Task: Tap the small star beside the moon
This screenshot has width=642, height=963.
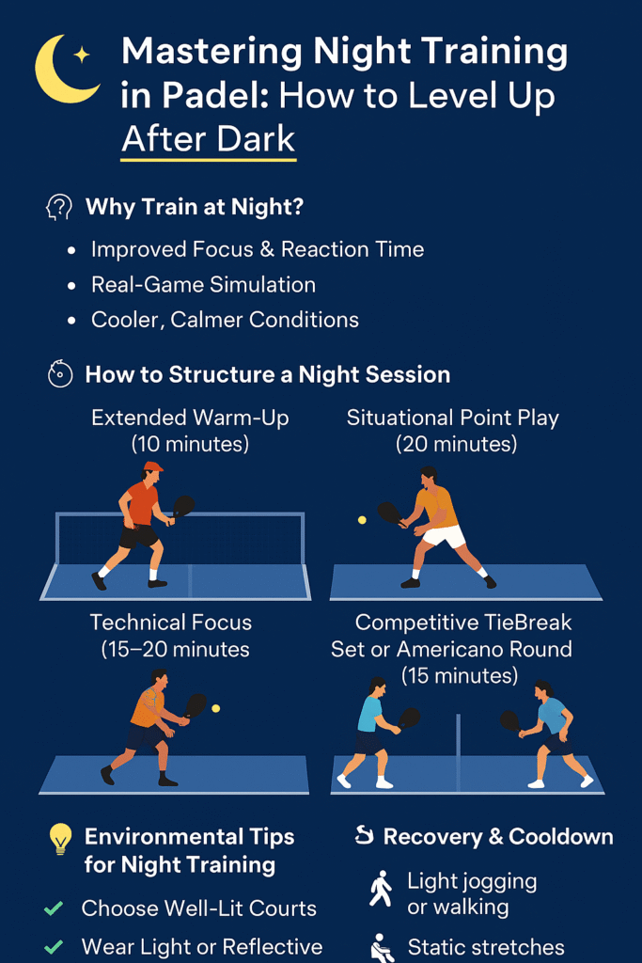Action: coord(81,55)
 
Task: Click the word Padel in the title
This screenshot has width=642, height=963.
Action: coord(196,96)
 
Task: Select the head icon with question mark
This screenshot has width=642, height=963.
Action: coord(59,208)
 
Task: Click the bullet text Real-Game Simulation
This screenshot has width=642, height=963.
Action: coord(203,284)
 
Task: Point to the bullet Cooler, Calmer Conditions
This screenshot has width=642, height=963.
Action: coord(225,320)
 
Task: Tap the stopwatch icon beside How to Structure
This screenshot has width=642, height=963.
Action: coord(60,374)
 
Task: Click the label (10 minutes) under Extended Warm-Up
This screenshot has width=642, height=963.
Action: coord(190,444)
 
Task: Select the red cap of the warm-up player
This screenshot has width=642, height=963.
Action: coord(153,466)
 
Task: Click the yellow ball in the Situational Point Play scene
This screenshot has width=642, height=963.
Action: coord(362,520)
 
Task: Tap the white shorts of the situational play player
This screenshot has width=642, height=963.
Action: coord(445,536)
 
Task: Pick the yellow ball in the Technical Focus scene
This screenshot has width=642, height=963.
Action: coord(215,708)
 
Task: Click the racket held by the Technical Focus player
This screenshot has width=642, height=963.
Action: coord(195,706)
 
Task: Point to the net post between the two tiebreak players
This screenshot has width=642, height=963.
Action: coord(458,753)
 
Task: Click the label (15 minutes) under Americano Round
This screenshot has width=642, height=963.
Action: coord(460,675)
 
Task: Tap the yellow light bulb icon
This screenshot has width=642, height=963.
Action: coord(60,838)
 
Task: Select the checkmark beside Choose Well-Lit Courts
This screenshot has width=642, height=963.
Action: coord(54,908)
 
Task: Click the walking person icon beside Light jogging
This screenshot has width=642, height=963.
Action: coord(381,888)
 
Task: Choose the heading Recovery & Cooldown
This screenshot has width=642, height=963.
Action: coord(498,836)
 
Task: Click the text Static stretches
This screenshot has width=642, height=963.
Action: coord(486,947)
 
